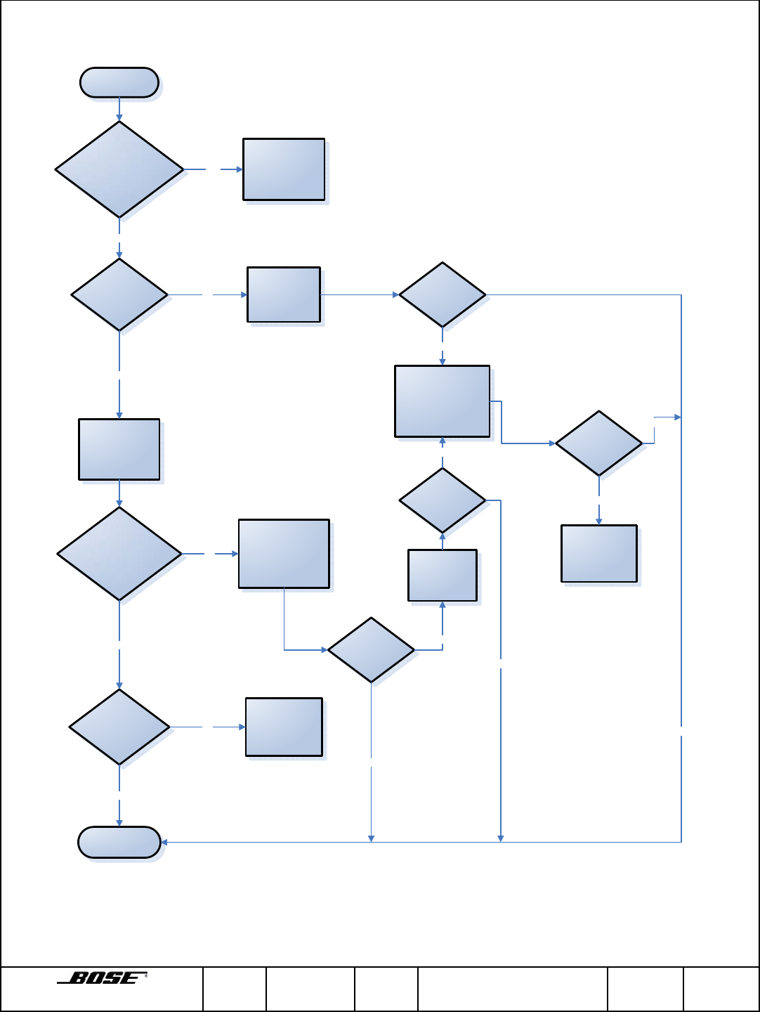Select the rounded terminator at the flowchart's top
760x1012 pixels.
(119, 82)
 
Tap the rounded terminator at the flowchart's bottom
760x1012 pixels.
(119, 842)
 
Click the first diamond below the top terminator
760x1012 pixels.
(119, 169)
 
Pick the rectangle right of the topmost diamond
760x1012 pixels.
(284, 169)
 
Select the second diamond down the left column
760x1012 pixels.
(119, 294)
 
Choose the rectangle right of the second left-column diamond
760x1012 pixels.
(284, 294)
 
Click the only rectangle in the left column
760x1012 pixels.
(119, 450)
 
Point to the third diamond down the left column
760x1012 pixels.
(119, 554)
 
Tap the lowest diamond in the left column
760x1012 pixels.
(119, 727)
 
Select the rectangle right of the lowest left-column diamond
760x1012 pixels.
(284, 727)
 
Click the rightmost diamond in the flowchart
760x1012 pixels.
(598, 443)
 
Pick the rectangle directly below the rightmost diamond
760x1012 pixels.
(598, 554)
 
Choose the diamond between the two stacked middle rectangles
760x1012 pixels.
(443, 500)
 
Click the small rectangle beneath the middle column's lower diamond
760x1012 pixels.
(443, 576)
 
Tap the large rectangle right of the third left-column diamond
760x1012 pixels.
(284, 554)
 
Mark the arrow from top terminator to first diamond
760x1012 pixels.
(119, 109)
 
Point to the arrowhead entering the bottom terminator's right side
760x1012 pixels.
(164, 842)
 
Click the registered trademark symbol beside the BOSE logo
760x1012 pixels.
(145, 975)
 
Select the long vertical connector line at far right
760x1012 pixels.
(681, 562)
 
